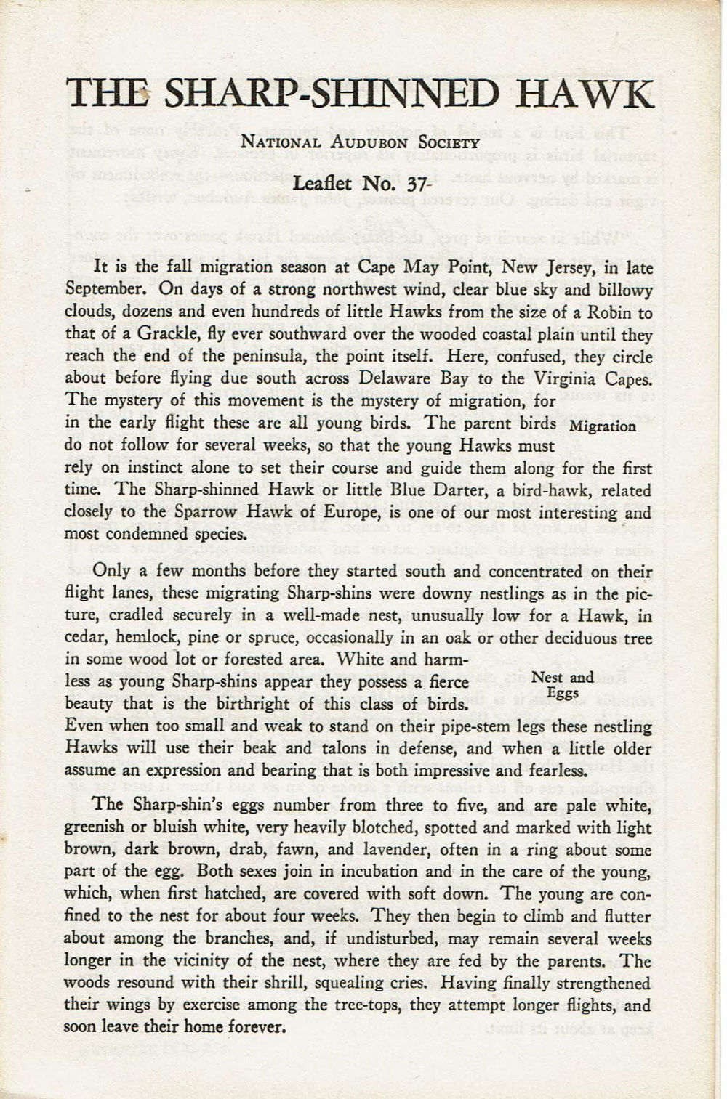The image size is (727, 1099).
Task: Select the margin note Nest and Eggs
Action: (563, 685)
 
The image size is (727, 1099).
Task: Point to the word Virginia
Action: (558, 378)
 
